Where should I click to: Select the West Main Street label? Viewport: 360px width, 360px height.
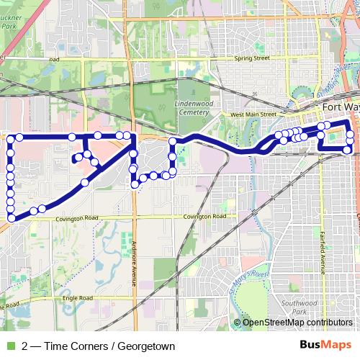click(253, 114)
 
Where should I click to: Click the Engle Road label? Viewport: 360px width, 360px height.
click(78, 297)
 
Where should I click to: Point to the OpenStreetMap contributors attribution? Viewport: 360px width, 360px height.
click(297, 323)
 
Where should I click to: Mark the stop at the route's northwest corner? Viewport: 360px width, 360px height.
click(12, 137)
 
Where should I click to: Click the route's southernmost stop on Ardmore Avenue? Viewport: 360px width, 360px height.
click(135, 185)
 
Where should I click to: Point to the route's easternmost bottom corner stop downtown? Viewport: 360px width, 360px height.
click(348, 150)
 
